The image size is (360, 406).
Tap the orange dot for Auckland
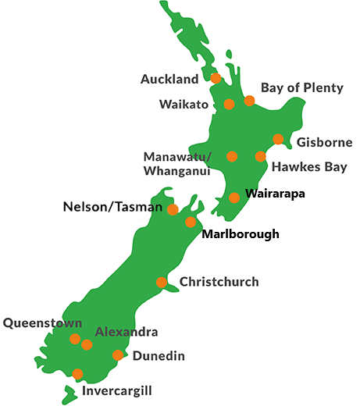pyautogui.click(x=216, y=78)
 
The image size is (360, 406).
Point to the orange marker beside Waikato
pyautogui.click(x=229, y=105)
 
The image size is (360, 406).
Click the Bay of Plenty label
pyautogui.click(x=301, y=87)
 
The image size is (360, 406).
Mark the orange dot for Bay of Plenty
pyautogui.click(x=249, y=101)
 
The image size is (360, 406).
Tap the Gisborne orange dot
pyautogui.click(x=278, y=139)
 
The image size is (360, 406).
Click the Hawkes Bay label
pyautogui.click(x=303, y=167)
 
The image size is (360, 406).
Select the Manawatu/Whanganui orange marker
pyautogui.click(x=232, y=156)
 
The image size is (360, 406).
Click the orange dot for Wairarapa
pyautogui.click(x=234, y=198)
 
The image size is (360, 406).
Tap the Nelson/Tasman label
pyautogui.click(x=112, y=208)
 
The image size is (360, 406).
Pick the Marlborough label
pyautogui.click(x=240, y=233)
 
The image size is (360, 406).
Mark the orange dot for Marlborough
pyautogui.click(x=191, y=223)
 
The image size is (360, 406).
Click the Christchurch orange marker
pyautogui.click(x=162, y=283)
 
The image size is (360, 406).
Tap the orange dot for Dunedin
pyautogui.click(x=118, y=355)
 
